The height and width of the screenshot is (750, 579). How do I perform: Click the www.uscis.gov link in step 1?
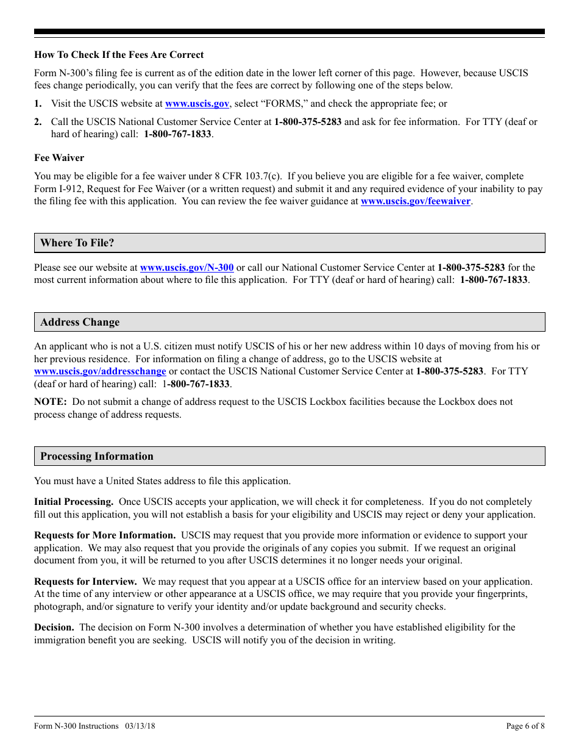(x=197, y=104)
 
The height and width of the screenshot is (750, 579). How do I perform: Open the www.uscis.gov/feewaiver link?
(x=416, y=201)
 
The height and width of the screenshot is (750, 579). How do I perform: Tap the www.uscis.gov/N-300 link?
(x=186, y=267)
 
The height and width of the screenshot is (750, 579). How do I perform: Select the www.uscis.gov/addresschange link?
(x=100, y=371)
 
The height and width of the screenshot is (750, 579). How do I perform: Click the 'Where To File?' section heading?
(x=77, y=243)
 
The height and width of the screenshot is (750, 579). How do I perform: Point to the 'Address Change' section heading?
(x=80, y=322)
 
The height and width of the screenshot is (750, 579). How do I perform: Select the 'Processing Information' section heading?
(x=97, y=456)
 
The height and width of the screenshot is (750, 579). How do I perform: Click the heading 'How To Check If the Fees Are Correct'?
(x=119, y=55)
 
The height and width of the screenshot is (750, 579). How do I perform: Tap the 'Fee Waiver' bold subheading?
(x=59, y=158)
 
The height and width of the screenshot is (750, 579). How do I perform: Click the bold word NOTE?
(x=50, y=402)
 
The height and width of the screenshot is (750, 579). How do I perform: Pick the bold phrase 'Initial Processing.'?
(x=74, y=502)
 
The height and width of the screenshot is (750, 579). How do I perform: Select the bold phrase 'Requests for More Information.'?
(x=105, y=535)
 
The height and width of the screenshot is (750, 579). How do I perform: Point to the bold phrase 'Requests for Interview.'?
(x=85, y=582)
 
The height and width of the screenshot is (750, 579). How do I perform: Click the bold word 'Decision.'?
(x=54, y=627)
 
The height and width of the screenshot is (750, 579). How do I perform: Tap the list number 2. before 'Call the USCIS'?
(x=38, y=122)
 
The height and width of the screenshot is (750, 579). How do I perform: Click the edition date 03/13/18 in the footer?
(x=140, y=726)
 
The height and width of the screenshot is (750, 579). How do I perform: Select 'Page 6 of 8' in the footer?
(x=525, y=726)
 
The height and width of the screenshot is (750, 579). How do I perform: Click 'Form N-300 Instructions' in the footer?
(x=76, y=726)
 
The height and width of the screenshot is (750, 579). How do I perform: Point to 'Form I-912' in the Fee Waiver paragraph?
(x=56, y=189)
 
